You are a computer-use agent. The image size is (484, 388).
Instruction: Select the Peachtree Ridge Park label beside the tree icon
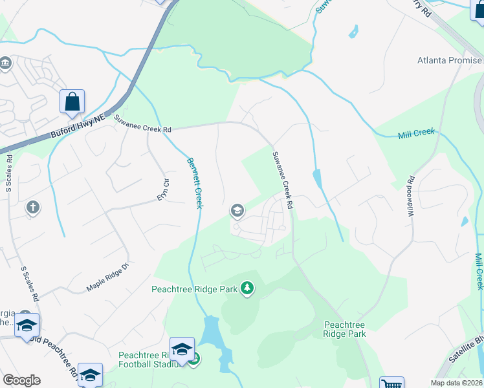coord(195,289)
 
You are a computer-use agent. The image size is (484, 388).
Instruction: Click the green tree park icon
coord(247,288)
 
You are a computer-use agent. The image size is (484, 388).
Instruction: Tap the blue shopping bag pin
coord(72,102)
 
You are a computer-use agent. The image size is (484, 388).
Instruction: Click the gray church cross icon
coord(32,208)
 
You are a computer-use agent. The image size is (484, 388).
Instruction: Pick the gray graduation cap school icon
coord(237,210)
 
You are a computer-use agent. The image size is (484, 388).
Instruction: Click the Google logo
coord(21,380)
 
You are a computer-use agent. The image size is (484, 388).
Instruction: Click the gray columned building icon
coord(6,63)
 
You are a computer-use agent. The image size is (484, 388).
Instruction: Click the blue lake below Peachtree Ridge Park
coord(211,332)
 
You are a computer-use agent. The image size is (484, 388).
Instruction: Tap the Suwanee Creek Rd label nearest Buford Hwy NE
coord(143,124)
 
